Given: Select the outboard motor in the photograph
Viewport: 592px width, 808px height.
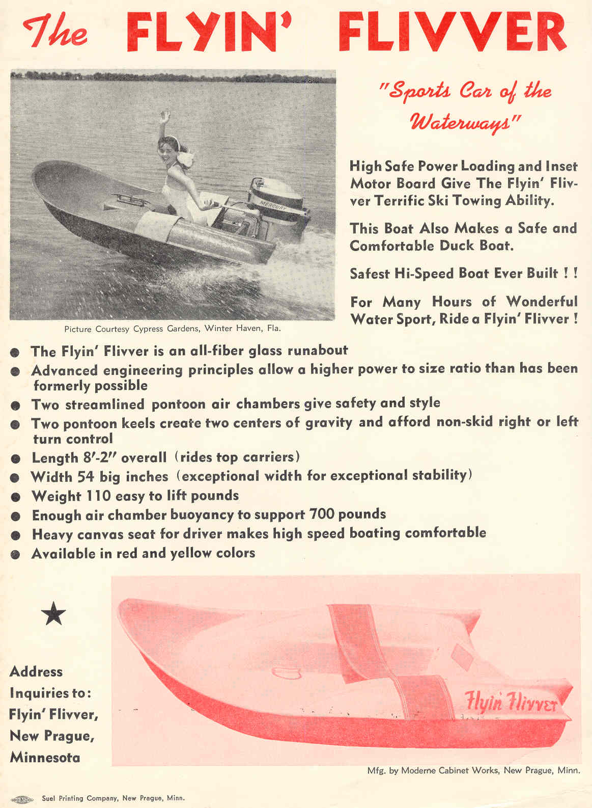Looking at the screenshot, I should point(275,204).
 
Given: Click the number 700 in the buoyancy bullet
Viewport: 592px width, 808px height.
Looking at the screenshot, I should point(322,514).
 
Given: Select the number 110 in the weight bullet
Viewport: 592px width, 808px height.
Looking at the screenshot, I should point(97,496).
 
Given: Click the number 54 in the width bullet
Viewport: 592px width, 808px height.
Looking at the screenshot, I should point(86,477).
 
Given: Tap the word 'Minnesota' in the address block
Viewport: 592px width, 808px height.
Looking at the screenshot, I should point(45,758).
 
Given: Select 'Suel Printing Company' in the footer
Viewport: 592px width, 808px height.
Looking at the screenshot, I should point(79,798).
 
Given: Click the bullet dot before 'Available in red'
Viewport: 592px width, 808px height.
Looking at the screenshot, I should point(15,554).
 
